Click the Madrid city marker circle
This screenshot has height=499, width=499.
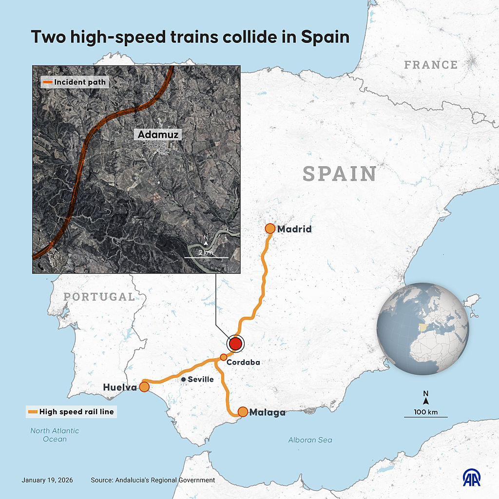(x=270, y=229)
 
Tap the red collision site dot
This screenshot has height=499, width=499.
(x=235, y=344)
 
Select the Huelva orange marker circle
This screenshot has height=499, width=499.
(x=144, y=387)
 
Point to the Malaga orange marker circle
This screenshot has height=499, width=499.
(x=243, y=412)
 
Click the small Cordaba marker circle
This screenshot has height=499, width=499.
(x=223, y=357)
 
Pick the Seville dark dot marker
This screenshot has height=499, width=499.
(x=183, y=379)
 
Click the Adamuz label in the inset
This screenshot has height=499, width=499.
(x=158, y=134)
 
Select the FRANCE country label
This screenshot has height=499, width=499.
(x=431, y=64)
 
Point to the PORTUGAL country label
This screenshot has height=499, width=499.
(x=99, y=297)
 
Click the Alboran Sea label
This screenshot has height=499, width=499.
(x=310, y=440)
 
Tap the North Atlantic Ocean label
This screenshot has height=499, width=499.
(x=55, y=435)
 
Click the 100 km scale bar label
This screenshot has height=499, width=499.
(x=426, y=412)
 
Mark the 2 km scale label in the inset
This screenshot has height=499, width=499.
(x=206, y=252)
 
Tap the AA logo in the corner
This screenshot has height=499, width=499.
(x=472, y=478)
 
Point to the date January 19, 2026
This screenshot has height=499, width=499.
(x=47, y=480)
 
